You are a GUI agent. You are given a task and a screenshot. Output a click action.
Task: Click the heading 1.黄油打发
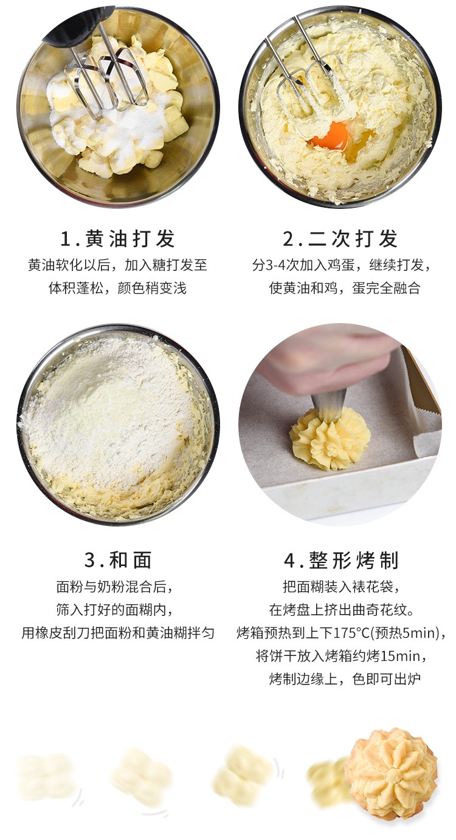[x=117, y=239]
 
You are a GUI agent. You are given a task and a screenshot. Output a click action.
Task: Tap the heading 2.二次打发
[x=340, y=239]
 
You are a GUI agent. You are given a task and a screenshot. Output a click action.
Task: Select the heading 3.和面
[x=118, y=560]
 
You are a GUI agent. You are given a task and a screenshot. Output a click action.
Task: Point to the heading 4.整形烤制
[x=340, y=560]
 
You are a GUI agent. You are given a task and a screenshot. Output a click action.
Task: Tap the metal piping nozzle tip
[x=329, y=405]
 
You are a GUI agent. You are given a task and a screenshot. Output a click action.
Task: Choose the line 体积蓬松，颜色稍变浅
[x=117, y=288]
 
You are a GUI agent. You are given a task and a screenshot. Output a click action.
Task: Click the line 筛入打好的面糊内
[x=114, y=610]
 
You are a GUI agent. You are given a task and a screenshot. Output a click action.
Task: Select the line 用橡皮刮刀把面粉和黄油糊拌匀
[x=118, y=633]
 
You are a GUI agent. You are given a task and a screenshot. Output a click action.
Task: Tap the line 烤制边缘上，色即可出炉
[x=345, y=678]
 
